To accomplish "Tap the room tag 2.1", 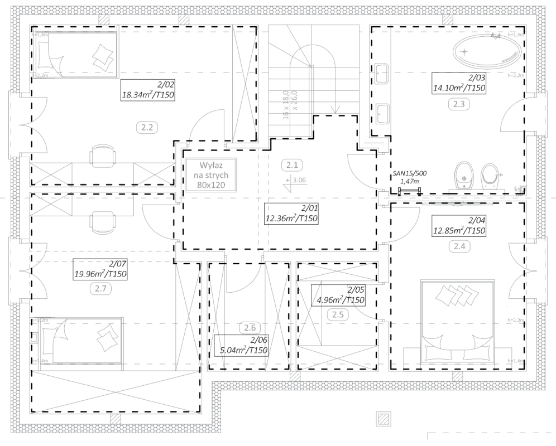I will [x=291, y=165].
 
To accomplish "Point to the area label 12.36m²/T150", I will [x=291, y=214].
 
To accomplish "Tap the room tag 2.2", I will [x=147, y=127].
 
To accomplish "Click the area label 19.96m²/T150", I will [x=101, y=270].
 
